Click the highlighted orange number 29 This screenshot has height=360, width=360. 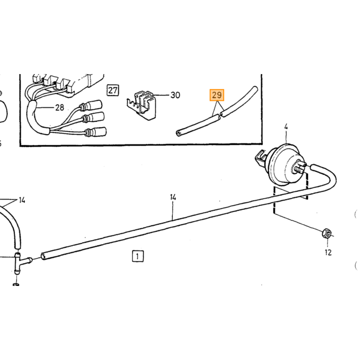217,95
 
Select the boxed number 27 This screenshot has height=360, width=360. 113,90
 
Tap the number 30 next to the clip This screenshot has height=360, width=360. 175,95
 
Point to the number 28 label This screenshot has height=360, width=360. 60,107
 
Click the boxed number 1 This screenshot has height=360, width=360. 138,256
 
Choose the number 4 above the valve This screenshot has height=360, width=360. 286,127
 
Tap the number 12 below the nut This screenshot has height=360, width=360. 328,253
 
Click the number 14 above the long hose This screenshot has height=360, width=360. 173,197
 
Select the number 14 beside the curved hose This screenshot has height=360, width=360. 22,200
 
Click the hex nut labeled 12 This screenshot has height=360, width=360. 327,233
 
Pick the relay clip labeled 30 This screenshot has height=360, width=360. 141,105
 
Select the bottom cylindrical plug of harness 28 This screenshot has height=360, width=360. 98,132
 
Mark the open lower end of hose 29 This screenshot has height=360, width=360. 178,133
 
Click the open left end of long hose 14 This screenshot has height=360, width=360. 43,256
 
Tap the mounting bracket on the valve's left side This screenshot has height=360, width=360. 261,158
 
